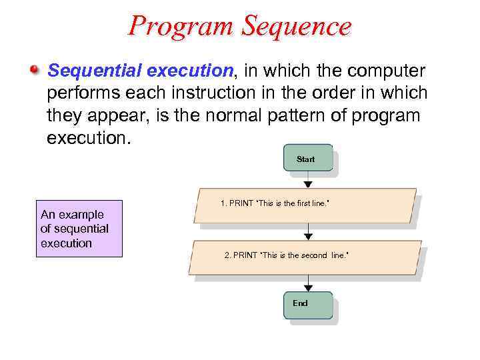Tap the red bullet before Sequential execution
click(x=33, y=70)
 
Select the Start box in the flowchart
click(x=307, y=159)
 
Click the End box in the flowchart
click(x=307, y=304)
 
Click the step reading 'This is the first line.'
click(x=305, y=205)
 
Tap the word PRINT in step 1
click(x=241, y=203)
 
